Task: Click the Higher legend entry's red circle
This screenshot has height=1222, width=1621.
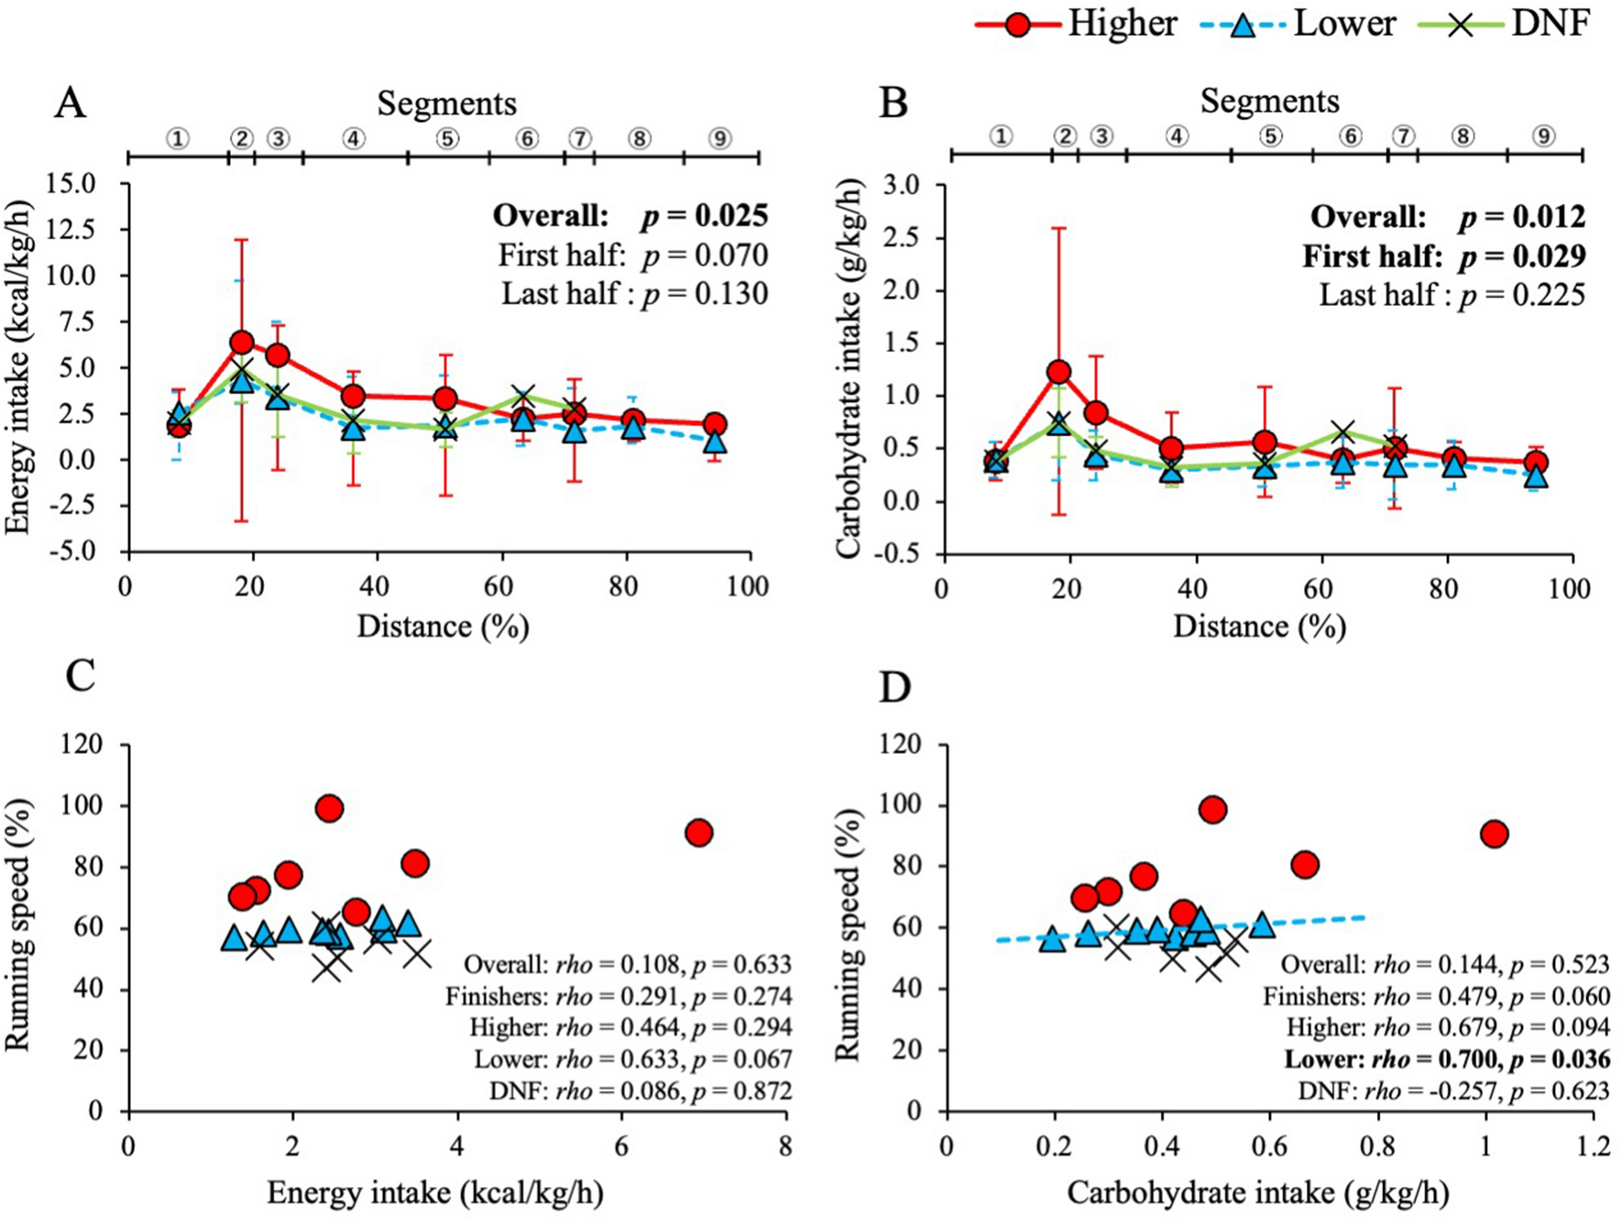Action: tap(1017, 25)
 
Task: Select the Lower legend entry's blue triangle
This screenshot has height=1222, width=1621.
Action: tap(1243, 25)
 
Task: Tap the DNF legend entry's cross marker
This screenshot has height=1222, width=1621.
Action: tap(1460, 25)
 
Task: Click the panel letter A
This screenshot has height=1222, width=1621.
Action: tap(70, 104)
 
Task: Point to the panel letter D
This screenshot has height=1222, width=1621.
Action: tap(894, 686)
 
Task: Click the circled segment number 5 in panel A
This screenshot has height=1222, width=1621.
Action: tap(446, 138)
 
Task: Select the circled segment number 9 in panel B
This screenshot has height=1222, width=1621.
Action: tap(1544, 136)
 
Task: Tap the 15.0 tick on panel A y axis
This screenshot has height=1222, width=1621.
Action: tap(72, 184)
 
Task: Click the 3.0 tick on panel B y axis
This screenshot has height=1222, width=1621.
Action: tap(900, 186)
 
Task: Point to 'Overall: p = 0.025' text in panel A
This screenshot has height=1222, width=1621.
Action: tap(630, 216)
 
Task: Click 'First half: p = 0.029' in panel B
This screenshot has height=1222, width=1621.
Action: tap(1443, 256)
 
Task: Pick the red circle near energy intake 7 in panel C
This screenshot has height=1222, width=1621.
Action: tap(698, 833)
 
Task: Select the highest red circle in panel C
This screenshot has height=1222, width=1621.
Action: tap(329, 808)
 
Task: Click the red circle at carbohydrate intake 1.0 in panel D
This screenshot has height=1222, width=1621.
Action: tap(1495, 834)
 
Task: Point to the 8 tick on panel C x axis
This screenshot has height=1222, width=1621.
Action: tap(785, 1146)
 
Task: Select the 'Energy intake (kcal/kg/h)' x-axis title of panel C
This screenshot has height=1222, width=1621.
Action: tap(434, 1192)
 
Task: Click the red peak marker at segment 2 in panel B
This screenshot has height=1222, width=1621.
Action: tap(1059, 372)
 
